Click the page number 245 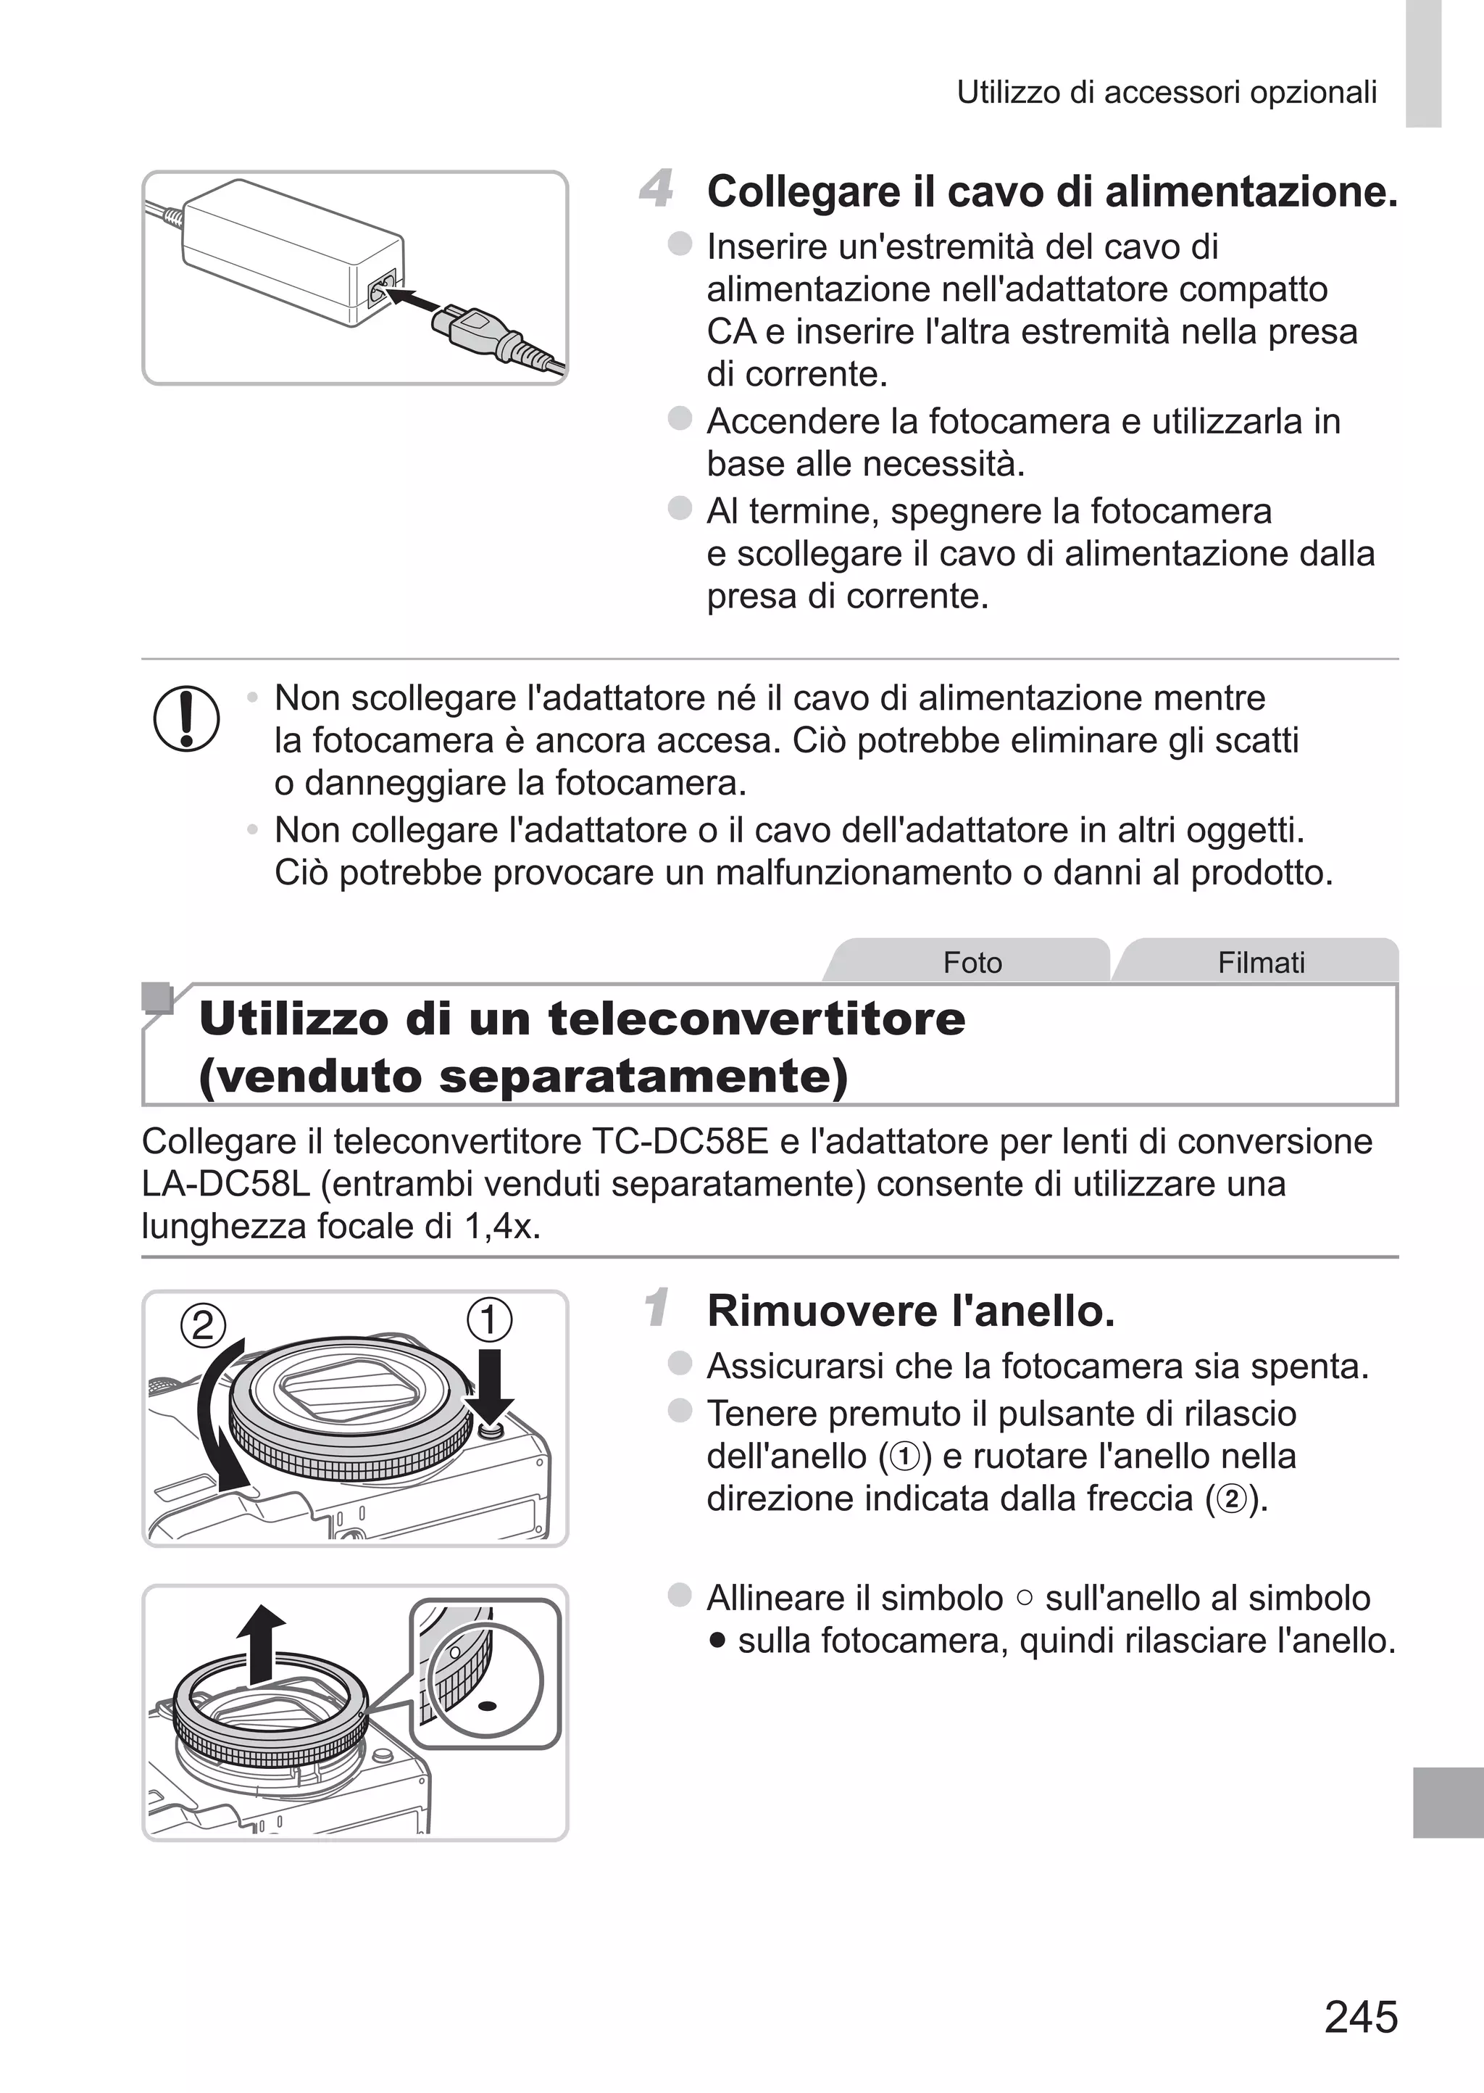(1361, 2017)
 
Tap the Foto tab (972, 963)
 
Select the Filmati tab (1260, 963)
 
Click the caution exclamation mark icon (186, 719)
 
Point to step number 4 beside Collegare (656, 188)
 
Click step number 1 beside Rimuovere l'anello (656, 1307)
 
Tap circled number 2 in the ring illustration (203, 1325)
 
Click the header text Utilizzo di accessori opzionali (1166, 92)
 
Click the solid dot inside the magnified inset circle (487, 1705)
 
